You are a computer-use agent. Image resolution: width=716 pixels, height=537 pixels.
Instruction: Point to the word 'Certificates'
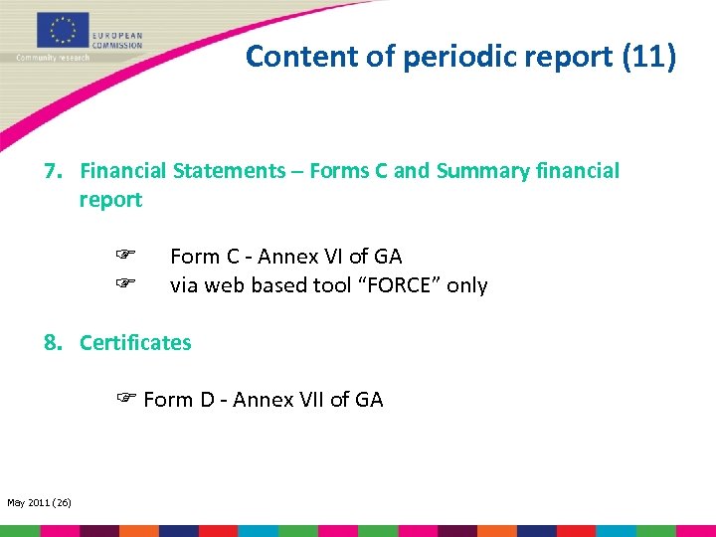tap(135, 343)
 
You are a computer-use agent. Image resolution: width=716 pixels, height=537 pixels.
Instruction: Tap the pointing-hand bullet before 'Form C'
tap(125, 257)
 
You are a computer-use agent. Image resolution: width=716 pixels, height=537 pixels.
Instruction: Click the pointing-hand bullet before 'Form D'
tap(125, 400)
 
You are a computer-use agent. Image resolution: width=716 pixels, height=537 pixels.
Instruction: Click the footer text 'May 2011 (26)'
tap(39, 503)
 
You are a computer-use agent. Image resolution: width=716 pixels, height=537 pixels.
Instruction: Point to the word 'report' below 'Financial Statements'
tap(110, 200)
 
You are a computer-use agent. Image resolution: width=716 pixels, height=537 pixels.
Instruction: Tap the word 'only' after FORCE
tap(466, 286)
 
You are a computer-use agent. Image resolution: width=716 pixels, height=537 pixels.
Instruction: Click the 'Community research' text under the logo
tap(53, 58)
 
